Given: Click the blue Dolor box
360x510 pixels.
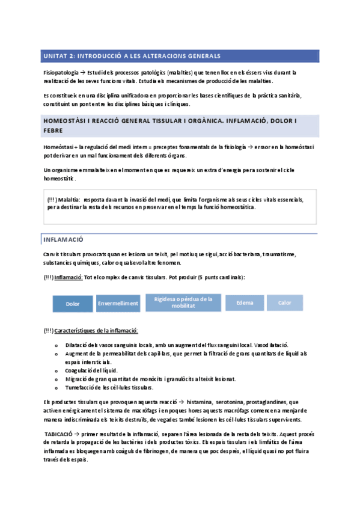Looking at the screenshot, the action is point(72,304).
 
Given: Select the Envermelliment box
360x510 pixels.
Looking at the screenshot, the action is point(118,304).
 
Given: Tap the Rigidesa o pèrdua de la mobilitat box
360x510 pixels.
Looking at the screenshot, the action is point(183,303).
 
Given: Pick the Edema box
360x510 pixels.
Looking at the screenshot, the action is point(245,303).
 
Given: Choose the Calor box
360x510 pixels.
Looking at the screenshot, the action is point(285,303).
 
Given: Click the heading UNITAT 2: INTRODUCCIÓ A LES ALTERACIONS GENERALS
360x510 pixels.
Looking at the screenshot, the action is point(132,55).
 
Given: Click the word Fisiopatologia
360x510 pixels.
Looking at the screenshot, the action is point(61,72).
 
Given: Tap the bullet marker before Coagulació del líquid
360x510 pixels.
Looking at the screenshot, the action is point(56,370).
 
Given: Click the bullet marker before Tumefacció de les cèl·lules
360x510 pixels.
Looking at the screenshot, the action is point(56,387).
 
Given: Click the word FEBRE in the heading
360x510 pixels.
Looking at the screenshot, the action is point(53,130).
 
